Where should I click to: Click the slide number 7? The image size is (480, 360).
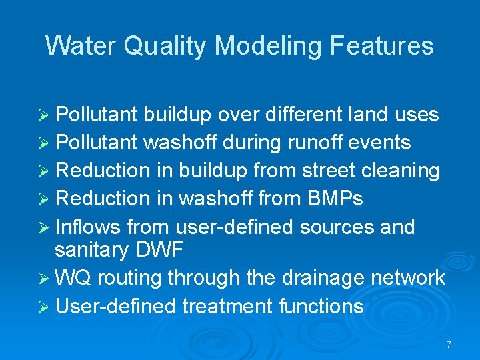click(449, 345)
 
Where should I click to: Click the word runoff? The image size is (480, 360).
click(313, 143)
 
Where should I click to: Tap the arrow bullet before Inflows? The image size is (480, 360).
click(45, 227)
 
